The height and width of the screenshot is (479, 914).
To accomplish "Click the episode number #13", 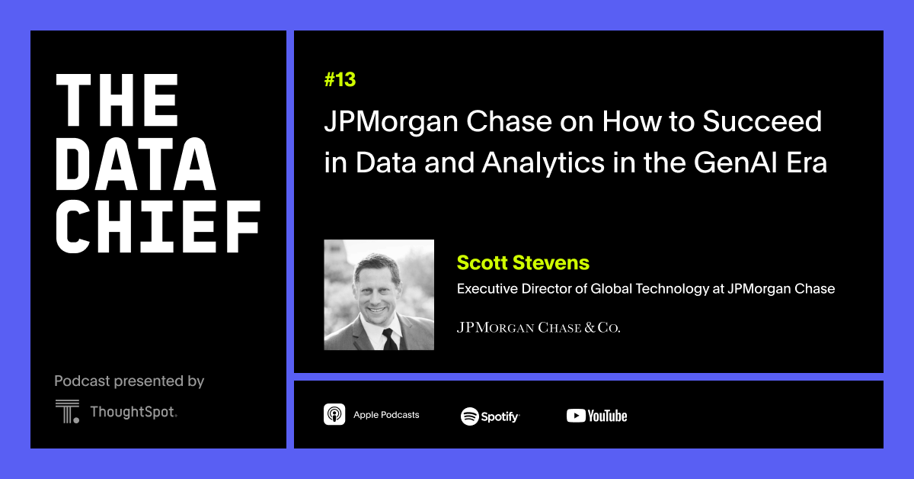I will [x=340, y=80].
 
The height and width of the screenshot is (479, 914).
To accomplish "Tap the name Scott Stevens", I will [x=523, y=263].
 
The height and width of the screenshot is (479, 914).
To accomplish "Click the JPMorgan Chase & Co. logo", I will [x=538, y=328].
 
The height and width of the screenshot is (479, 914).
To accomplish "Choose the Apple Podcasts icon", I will [x=334, y=415].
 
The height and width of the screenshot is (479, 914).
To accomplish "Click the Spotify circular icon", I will [x=469, y=416].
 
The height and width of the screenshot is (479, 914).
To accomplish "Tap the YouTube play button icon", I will [x=576, y=416].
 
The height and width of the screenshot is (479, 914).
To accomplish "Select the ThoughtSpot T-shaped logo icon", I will [x=67, y=411].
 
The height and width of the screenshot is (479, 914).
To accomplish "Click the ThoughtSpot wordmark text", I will [x=133, y=412].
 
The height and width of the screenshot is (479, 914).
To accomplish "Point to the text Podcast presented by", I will [x=129, y=381].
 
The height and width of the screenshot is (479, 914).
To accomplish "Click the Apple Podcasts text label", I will [x=386, y=415].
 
